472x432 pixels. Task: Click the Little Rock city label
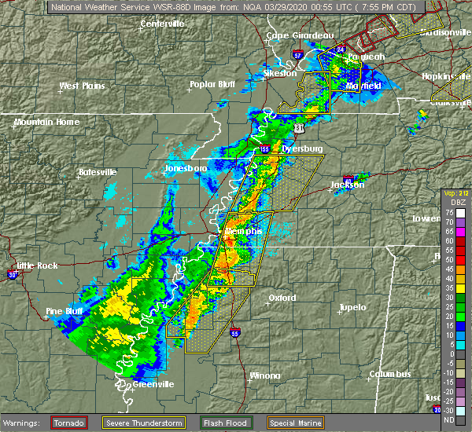[37, 265]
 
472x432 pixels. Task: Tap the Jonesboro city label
[185, 168]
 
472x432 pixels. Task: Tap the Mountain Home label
[46, 122]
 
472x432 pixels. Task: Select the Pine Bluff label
[65, 311]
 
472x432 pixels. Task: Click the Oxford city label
[282, 298]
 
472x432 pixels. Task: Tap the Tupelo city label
[352, 307]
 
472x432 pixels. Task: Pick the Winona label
[264, 375]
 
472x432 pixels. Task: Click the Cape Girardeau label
[300, 35]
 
